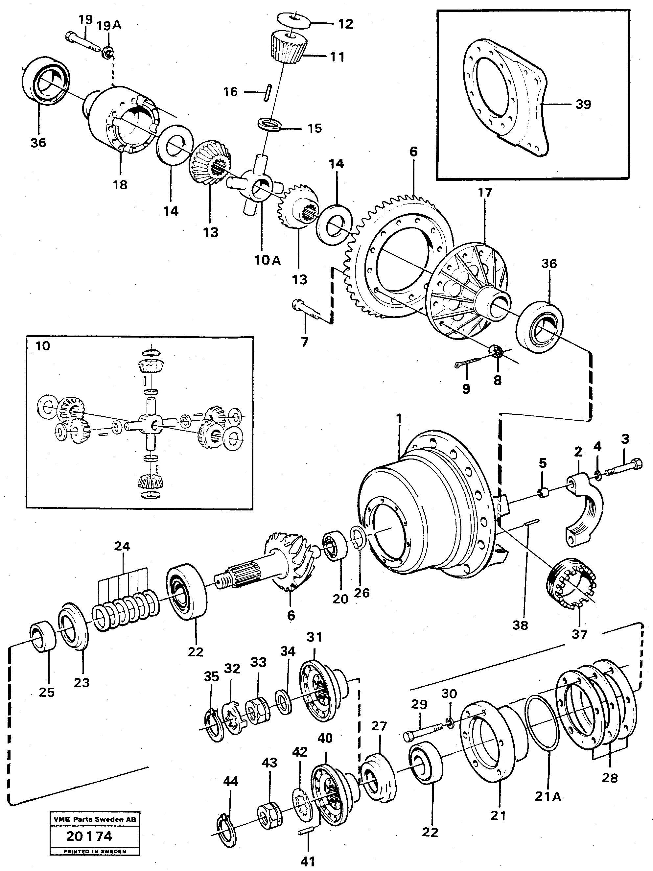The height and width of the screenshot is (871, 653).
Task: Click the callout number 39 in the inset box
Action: pos(583,105)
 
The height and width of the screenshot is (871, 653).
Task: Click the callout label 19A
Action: pos(109,25)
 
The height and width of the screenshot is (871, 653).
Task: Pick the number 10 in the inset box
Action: pos(42,346)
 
